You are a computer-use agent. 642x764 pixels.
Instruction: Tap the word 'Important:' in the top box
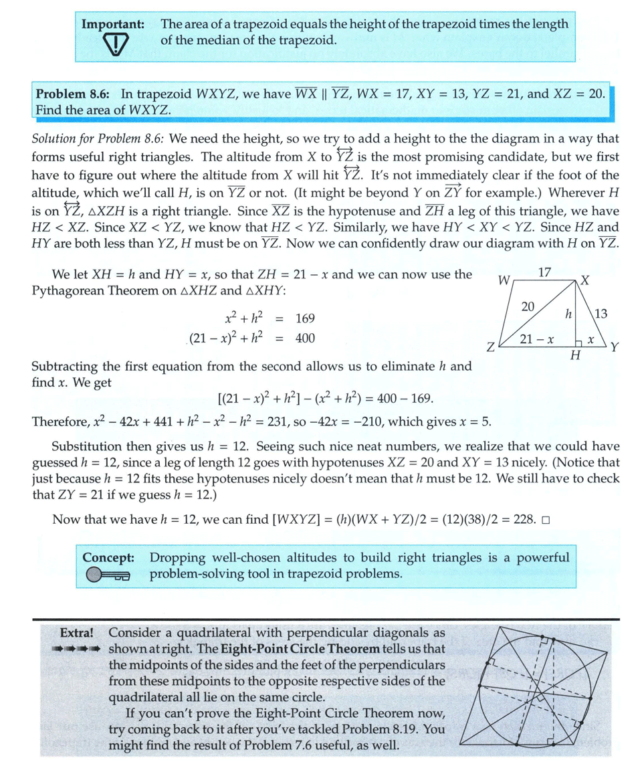click(x=113, y=24)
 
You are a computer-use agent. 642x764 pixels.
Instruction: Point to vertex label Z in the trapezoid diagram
click(x=490, y=348)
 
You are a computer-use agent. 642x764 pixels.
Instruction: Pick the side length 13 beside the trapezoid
click(x=600, y=313)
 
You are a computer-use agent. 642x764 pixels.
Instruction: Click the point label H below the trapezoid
click(x=574, y=356)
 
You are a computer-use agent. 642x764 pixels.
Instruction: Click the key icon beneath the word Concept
click(x=108, y=575)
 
